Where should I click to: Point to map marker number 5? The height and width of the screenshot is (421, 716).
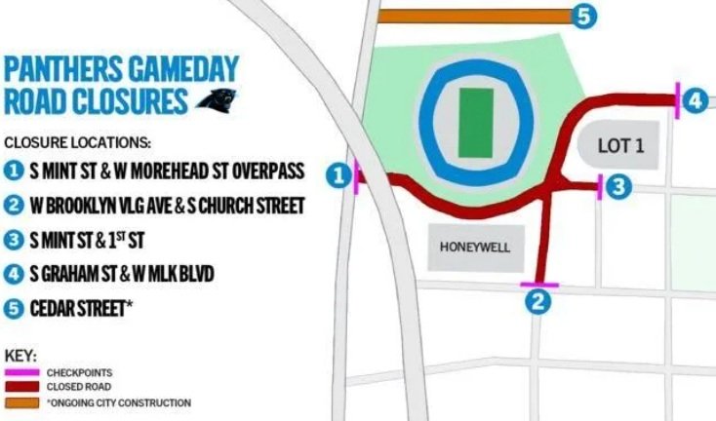pyautogui.click(x=583, y=17)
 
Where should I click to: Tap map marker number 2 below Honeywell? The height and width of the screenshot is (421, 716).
pyautogui.click(x=535, y=302)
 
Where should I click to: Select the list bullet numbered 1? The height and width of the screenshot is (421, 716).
pyautogui.click(x=13, y=172)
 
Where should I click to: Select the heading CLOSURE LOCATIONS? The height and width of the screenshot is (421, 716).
pyautogui.click(x=78, y=140)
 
